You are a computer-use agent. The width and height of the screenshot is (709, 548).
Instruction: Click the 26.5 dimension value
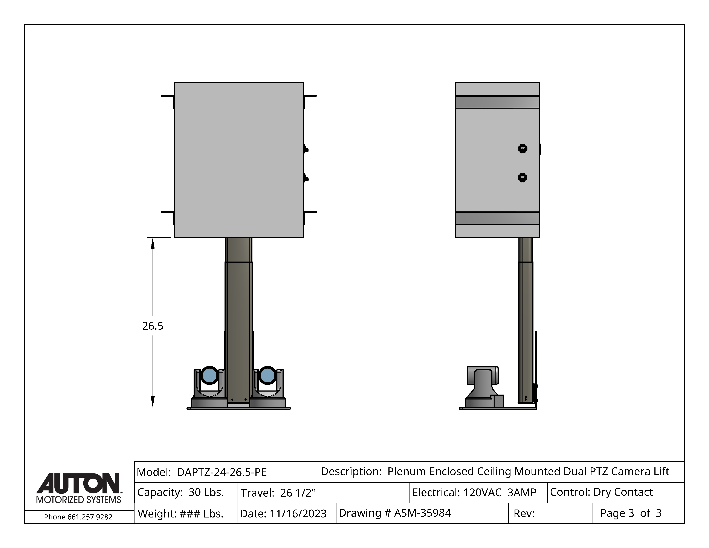pyautogui.click(x=153, y=326)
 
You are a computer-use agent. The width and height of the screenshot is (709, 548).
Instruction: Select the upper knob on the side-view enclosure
pyautogui.click(x=523, y=149)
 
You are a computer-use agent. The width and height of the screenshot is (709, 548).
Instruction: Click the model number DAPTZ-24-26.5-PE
pyautogui.click(x=222, y=472)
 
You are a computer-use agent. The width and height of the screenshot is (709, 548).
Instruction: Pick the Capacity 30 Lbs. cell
pyautogui.click(x=185, y=493)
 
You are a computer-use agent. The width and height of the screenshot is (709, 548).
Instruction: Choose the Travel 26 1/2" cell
pyautogui.click(x=323, y=493)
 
